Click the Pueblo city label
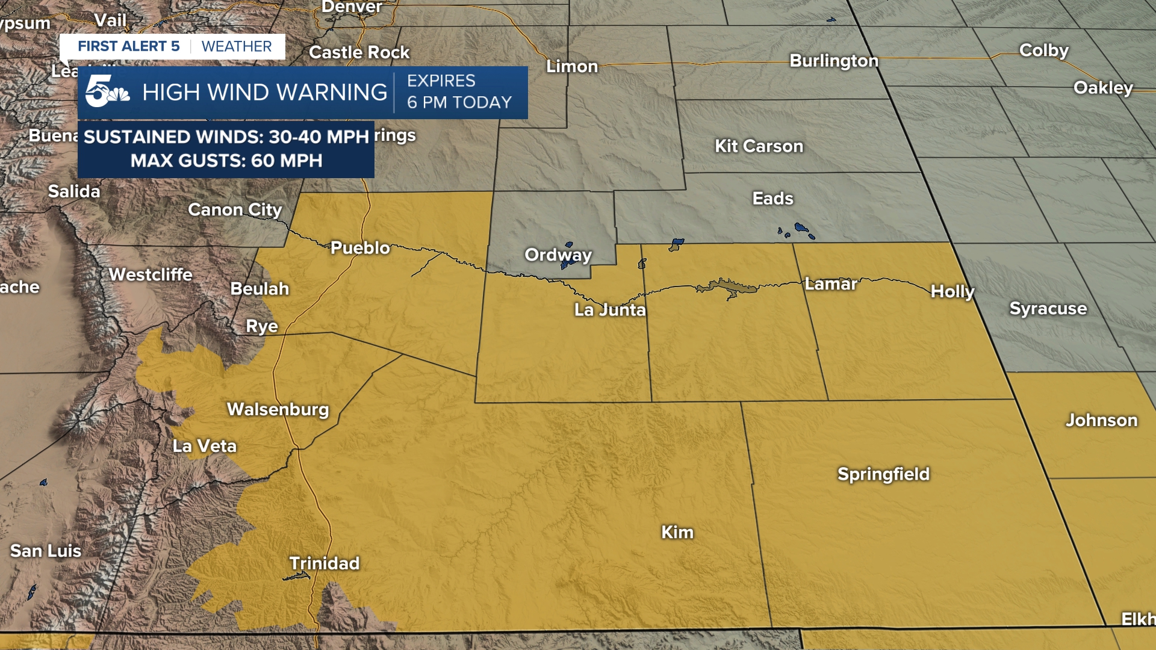click(x=360, y=247)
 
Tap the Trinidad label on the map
click(x=324, y=563)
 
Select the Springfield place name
click(x=883, y=474)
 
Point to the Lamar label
click(x=830, y=283)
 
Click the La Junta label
click(x=609, y=309)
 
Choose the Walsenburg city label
click(x=278, y=409)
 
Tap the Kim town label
click(x=677, y=532)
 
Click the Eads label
click(x=772, y=198)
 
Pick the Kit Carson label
click(x=759, y=146)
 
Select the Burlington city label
click(x=833, y=60)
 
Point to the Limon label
click(x=571, y=66)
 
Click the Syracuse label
click(x=1048, y=308)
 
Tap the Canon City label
click(x=235, y=209)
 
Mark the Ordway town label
click(x=558, y=255)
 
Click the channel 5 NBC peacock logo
click(x=107, y=91)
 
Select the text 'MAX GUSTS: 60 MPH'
click(x=226, y=161)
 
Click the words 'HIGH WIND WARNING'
click(x=264, y=92)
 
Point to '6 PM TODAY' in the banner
click(x=459, y=102)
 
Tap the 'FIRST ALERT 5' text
click(x=128, y=46)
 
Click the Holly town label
click(x=952, y=291)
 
